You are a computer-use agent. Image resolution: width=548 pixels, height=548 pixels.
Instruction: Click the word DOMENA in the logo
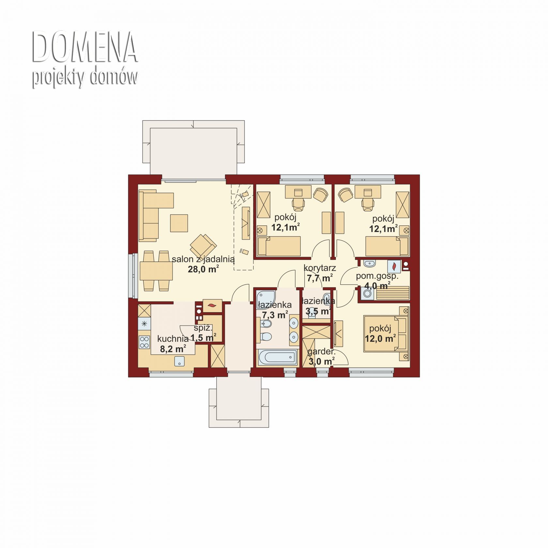84,47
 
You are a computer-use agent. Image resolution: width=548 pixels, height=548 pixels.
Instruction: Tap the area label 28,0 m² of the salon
203,269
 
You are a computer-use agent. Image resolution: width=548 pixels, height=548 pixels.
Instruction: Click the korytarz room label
320,268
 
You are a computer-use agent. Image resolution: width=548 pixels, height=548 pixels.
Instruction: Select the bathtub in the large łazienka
278,357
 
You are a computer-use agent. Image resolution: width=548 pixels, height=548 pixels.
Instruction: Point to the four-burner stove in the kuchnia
144,342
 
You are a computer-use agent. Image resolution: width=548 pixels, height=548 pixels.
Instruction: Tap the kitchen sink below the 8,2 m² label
179,361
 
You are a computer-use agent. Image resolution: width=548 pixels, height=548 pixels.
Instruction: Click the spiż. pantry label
203,328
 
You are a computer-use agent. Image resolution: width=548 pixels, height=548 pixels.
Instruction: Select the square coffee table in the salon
179,223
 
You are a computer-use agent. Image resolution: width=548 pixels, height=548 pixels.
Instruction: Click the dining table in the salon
156,271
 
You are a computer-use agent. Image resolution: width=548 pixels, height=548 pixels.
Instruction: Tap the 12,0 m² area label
380,338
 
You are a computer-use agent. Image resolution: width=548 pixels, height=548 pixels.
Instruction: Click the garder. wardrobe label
321,352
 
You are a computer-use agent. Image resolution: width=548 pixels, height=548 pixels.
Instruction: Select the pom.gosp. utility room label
377,276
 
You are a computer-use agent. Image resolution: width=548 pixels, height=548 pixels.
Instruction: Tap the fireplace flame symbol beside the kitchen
212,306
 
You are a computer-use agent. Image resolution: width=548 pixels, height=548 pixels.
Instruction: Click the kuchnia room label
173,339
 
